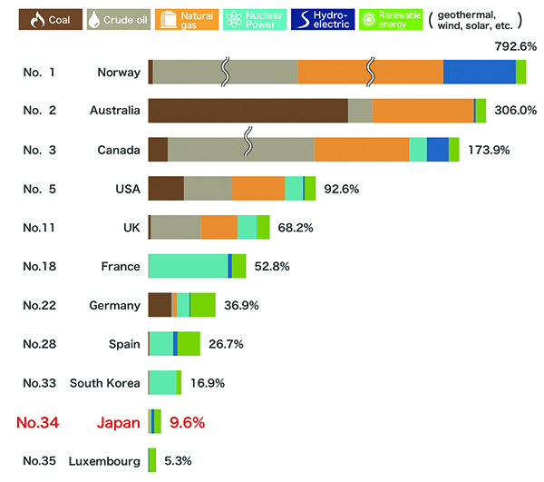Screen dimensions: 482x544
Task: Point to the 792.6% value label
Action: click(516, 44)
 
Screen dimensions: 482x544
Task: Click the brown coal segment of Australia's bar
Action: click(248, 110)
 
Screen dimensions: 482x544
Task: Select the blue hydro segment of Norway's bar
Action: click(479, 72)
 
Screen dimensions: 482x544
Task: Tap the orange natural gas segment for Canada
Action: click(361, 150)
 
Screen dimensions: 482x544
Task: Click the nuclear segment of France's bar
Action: click(188, 266)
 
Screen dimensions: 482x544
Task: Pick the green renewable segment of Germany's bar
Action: click(202, 305)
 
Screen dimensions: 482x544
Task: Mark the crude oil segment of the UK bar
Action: click(176, 227)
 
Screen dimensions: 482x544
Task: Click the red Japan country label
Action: click(118, 422)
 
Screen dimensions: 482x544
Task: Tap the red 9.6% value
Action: click(186, 422)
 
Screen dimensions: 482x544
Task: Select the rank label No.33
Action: click(42, 383)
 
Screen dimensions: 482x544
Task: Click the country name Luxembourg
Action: click(104, 461)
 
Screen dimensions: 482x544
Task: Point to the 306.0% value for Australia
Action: click(515, 110)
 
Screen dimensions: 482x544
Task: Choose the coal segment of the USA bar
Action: click(166, 188)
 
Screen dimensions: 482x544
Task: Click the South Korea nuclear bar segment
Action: click(162, 382)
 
